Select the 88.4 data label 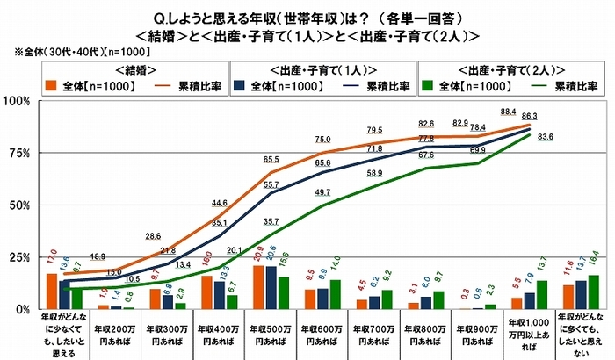[x=508, y=112]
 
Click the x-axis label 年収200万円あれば [x=119, y=332]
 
